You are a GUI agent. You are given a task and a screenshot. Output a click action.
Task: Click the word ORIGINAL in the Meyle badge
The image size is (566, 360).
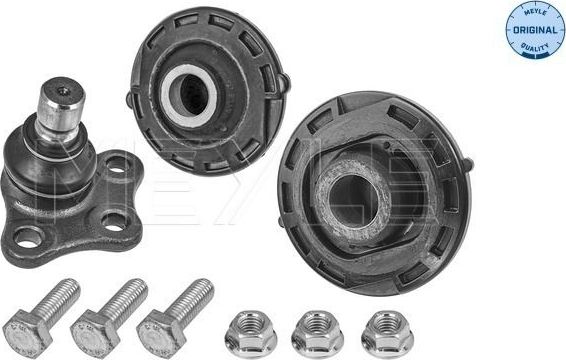[x=527, y=29]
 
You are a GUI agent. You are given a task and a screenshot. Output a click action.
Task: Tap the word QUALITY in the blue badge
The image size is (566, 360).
[x=527, y=44]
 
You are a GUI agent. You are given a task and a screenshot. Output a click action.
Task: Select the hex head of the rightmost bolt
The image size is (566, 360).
[x=160, y=329]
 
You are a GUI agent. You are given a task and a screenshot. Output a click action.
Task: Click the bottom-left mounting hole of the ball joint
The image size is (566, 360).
[x=30, y=237]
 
